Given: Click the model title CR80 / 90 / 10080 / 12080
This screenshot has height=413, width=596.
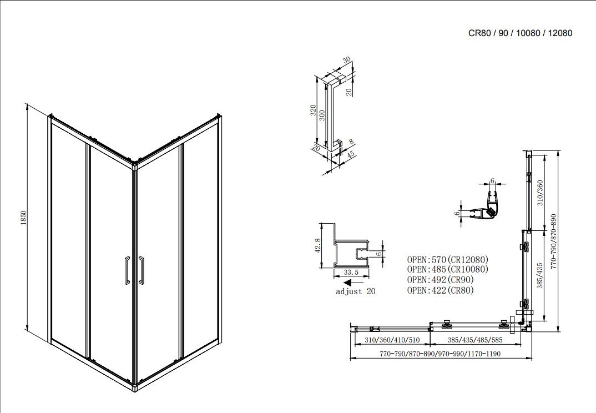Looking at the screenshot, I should (520, 33).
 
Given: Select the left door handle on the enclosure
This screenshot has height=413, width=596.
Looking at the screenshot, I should (127, 270).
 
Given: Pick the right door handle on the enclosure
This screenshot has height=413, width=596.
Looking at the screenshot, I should (142, 270).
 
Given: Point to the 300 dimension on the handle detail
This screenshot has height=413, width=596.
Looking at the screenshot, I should (321, 117).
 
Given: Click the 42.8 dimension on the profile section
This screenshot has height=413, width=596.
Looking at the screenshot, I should (317, 245).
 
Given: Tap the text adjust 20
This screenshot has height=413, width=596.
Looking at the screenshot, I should (356, 291).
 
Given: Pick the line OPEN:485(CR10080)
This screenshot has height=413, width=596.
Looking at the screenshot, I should (448, 269).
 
